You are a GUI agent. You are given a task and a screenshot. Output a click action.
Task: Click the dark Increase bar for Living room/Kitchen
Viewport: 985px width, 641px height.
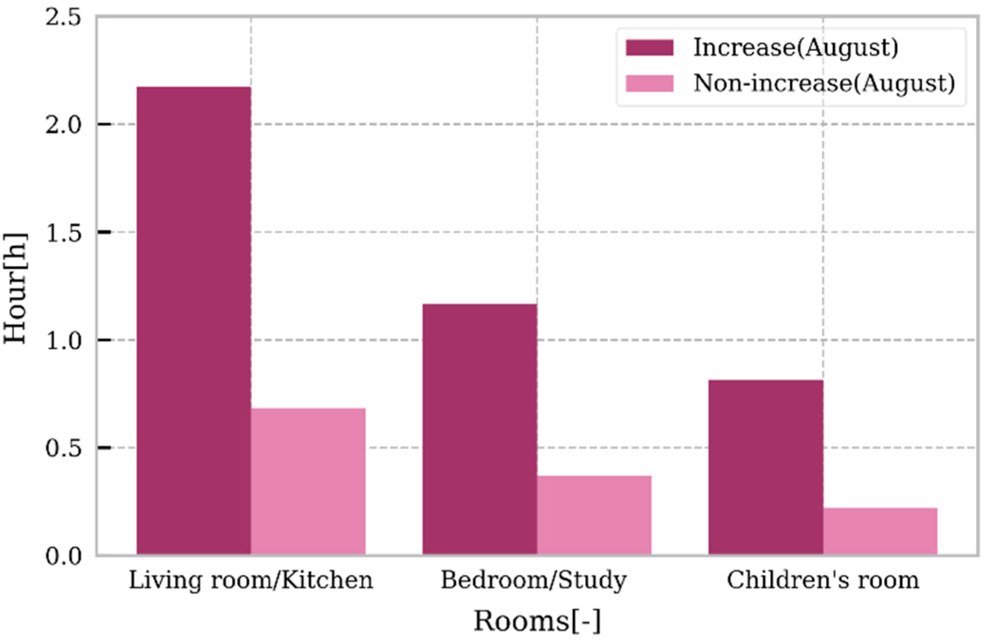[x=193, y=320]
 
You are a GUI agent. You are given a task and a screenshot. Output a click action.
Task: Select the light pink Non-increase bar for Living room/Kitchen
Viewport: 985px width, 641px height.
[x=308, y=481]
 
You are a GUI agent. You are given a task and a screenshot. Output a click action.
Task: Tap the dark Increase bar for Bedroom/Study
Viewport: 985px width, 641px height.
[x=479, y=429]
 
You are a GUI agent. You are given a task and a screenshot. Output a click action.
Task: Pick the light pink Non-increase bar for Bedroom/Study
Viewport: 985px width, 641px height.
[x=594, y=515]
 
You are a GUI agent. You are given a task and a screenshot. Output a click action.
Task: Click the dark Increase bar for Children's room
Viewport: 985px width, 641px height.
[x=765, y=467]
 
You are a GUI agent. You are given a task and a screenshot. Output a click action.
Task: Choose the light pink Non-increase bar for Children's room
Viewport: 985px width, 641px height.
[x=880, y=531]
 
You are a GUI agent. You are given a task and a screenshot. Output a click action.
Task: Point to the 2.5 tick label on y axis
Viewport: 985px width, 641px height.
[x=63, y=18]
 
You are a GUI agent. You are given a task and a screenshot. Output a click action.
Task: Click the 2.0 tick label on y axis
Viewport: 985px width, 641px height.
[x=63, y=125]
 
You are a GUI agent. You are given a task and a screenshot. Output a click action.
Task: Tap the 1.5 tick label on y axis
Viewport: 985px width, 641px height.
[x=63, y=233]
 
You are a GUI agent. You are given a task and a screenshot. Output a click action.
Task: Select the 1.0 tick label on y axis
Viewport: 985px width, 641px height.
[x=63, y=340]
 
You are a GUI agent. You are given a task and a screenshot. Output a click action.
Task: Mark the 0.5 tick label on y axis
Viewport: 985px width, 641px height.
[x=63, y=448]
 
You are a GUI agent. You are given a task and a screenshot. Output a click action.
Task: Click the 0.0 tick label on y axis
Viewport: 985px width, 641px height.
[x=63, y=555]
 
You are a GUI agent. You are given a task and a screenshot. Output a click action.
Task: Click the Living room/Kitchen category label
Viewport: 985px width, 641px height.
[x=251, y=580]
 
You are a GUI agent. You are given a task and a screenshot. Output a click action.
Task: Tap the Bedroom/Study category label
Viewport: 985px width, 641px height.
[x=534, y=580]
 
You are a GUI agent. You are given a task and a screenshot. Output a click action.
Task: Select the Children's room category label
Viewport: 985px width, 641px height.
[x=823, y=580]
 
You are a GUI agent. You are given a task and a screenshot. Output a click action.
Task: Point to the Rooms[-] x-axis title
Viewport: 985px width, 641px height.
[x=537, y=621]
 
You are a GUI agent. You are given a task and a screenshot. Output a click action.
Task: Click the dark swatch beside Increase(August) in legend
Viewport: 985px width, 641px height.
[x=649, y=47]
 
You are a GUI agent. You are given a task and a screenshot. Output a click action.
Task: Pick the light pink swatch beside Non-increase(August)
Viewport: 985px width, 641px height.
[x=649, y=83]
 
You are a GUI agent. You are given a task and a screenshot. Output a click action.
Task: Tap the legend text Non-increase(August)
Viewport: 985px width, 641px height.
[x=824, y=83]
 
